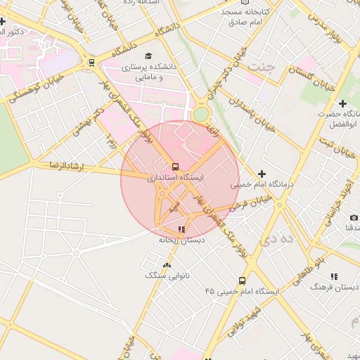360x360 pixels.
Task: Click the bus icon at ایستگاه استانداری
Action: pos(175,167)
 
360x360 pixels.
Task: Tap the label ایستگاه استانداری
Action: pos(175,179)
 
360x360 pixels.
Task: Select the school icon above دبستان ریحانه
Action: pos(182,229)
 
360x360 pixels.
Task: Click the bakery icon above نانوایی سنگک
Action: pos(167,265)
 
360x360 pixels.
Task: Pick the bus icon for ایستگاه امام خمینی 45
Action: pos(242,280)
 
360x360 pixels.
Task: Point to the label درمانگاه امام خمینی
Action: pos(262,185)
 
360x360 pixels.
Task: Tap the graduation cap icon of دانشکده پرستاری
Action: pos(148,56)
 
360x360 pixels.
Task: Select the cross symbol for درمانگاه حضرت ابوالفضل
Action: pos(342,103)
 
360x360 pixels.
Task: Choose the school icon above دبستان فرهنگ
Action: pos(334,276)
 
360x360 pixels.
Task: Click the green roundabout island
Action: pos(201,114)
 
